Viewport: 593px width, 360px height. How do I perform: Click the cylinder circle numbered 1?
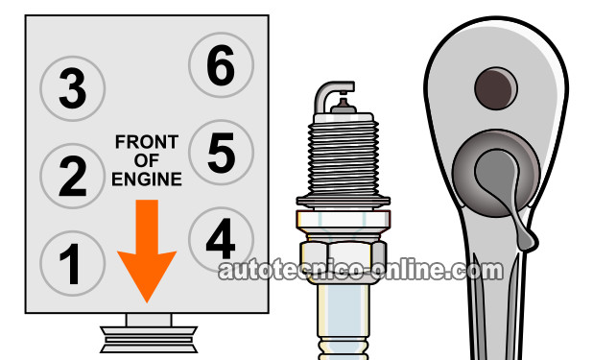pyautogui.click(x=72, y=263)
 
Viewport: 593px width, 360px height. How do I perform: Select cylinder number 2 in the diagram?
pyautogui.click(x=72, y=176)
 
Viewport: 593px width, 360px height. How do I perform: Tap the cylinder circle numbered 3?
pyautogui.click(x=72, y=88)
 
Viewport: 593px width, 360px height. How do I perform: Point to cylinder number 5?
pyautogui.click(x=221, y=153)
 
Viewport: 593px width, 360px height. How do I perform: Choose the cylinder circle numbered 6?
pyautogui.click(x=221, y=64)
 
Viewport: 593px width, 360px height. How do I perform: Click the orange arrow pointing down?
pyautogui.click(x=147, y=250)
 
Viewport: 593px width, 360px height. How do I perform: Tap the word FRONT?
pyautogui.click(x=147, y=142)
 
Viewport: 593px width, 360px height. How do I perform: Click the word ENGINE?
pyautogui.click(x=147, y=180)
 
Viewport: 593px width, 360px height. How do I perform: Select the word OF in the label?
pyautogui.click(x=147, y=161)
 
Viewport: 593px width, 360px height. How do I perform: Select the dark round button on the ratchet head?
pyautogui.click(x=496, y=88)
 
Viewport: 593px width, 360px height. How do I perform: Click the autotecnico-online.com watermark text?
pyautogui.click(x=361, y=270)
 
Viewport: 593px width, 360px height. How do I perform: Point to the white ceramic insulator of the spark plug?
pyautogui.click(x=343, y=322)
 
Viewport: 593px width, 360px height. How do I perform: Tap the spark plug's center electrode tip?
pyautogui.click(x=343, y=102)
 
